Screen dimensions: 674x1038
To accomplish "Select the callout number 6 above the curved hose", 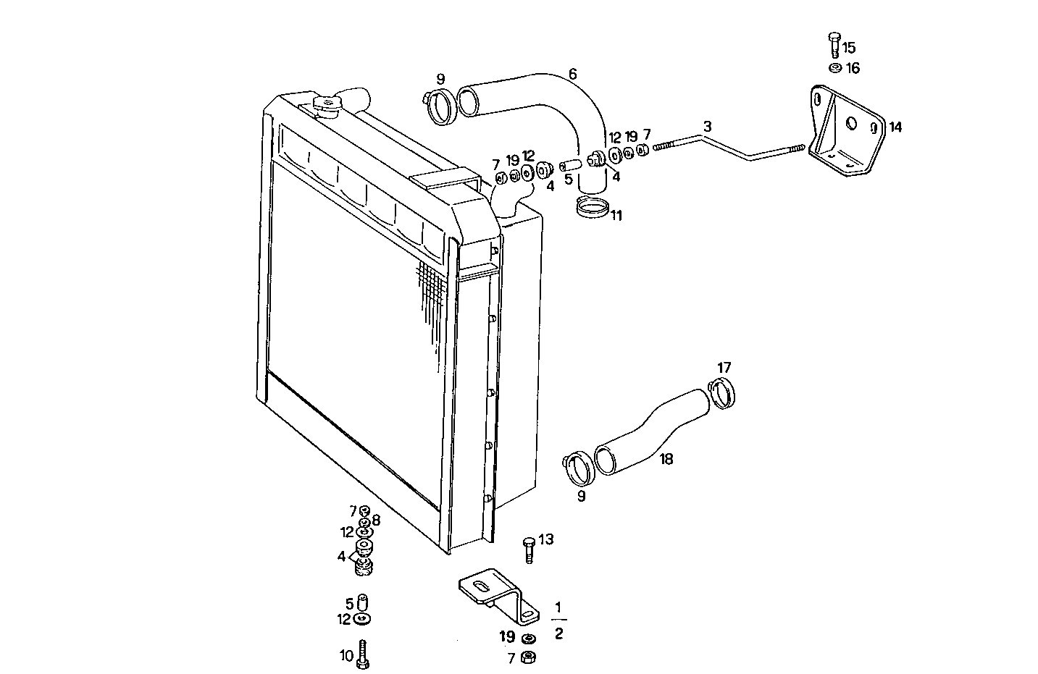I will tap(572, 74).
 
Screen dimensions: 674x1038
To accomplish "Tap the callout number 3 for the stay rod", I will tap(708, 126).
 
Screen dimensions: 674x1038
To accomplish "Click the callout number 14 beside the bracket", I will tap(895, 127).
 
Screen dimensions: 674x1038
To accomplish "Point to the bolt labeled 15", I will tap(834, 44).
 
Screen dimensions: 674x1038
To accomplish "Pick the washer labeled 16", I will tap(834, 68).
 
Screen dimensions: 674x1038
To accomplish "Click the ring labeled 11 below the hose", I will tap(593, 208).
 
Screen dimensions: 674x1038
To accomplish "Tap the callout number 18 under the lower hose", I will tap(666, 459).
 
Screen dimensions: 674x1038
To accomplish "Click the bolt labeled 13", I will tap(528, 549).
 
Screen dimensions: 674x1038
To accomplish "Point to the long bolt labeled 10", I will tap(364, 654).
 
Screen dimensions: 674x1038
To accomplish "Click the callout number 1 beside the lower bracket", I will tap(558, 606).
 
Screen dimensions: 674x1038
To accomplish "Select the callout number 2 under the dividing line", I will tap(558, 634).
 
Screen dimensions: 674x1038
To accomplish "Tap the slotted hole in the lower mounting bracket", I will tap(479, 584).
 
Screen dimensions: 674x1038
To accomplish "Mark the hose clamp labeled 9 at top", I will tap(437, 106).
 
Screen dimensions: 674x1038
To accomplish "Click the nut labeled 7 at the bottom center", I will tap(529, 657).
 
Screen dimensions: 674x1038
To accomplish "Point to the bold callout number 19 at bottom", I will tap(507, 637).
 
